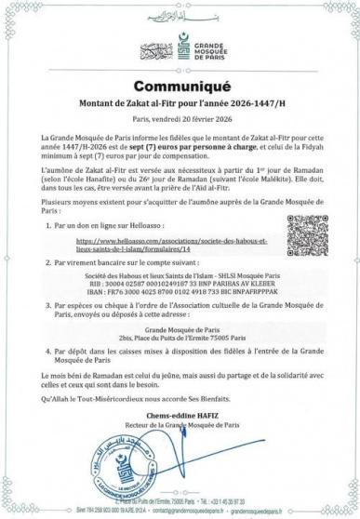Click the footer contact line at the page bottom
180,509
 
